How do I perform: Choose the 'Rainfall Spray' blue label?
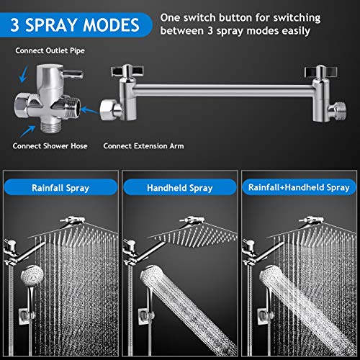(x=60, y=189)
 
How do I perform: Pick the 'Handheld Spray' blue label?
(x=180, y=189)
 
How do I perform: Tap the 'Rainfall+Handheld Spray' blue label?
(x=298, y=189)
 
